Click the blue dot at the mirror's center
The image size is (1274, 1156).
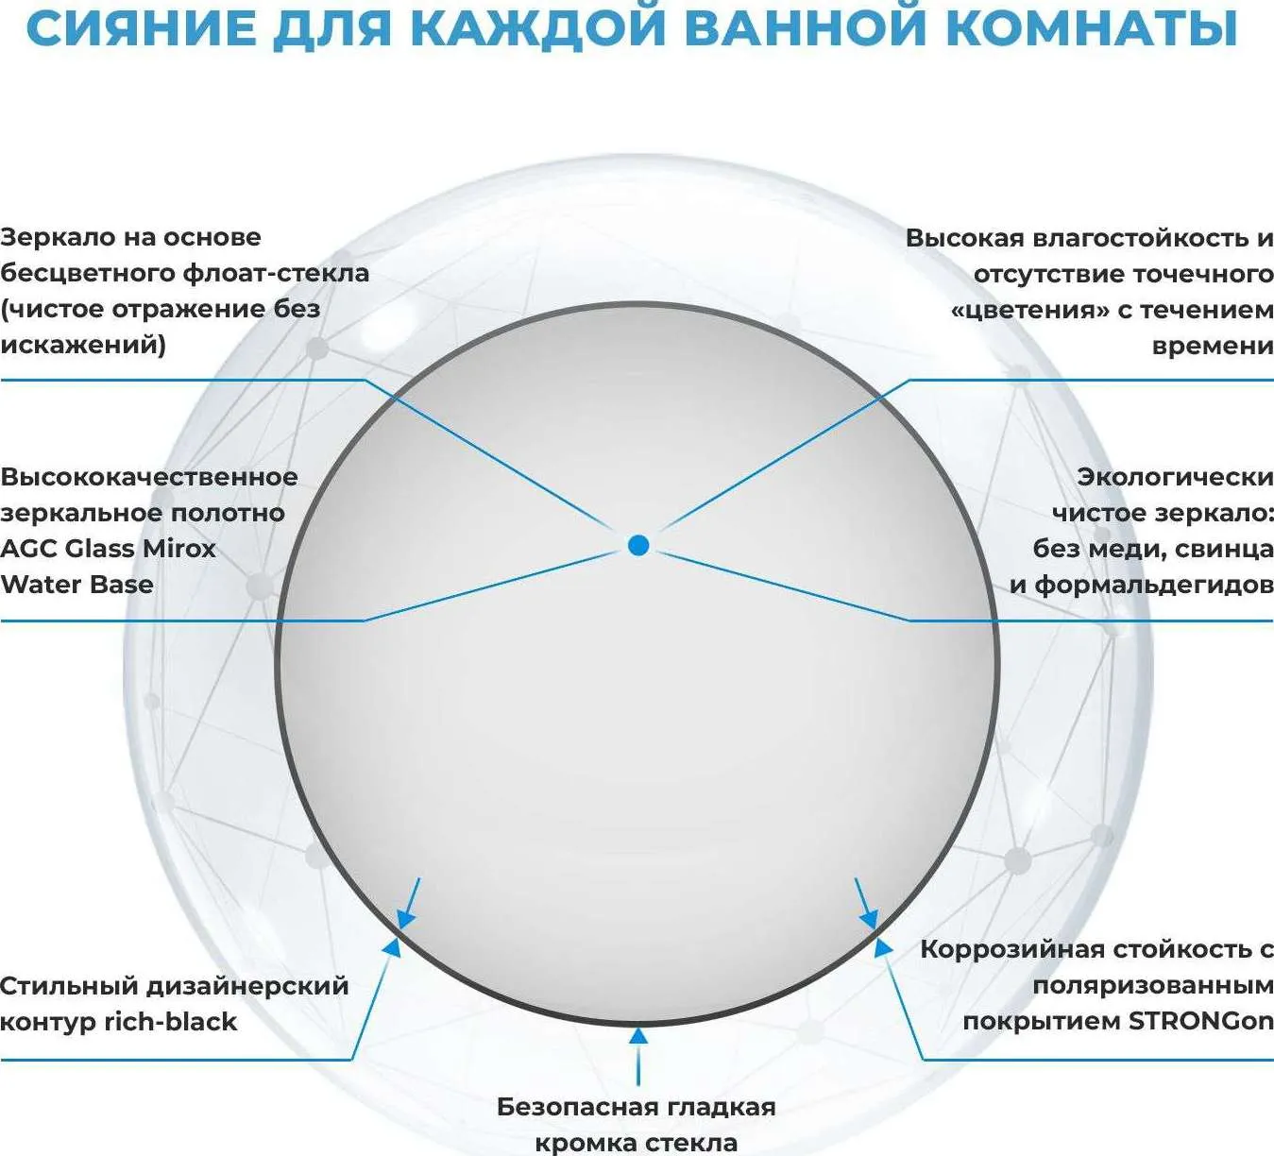click(x=638, y=545)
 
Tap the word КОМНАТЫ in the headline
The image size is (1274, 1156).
click(x=1092, y=28)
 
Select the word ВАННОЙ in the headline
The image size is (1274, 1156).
click(x=807, y=28)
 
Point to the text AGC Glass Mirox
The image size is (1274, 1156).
click(x=108, y=549)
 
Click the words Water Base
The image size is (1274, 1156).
click(x=76, y=585)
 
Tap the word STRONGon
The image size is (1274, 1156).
click(x=1201, y=1021)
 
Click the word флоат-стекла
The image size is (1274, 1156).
click(x=276, y=273)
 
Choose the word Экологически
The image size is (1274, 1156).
click(x=1175, y=477)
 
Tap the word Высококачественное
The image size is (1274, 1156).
click(x=149, y=477)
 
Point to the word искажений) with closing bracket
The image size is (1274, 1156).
click(x=82, y=346)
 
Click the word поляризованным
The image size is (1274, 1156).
click(x=1153, y=986)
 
